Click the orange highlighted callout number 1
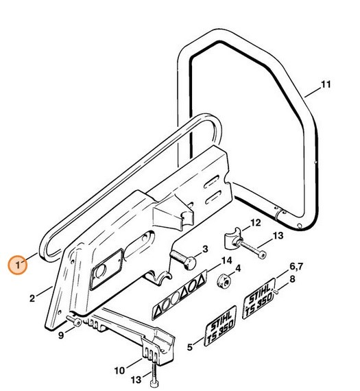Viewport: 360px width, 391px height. tap(18, 265)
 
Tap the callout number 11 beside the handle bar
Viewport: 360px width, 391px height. tap(325, 84)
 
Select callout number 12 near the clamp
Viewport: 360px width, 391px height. tap(256, 223)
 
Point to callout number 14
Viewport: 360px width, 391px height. tap(226, 261)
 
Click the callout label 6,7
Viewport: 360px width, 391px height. tap(296, 267)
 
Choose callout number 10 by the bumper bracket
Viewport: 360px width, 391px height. tap(119, 371)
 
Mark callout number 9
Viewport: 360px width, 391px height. tap(61, 335)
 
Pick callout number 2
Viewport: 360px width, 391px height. tap(32, 298)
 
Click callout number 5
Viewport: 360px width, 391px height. tap(190, 347)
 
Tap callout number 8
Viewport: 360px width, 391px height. tap(292, 279)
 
